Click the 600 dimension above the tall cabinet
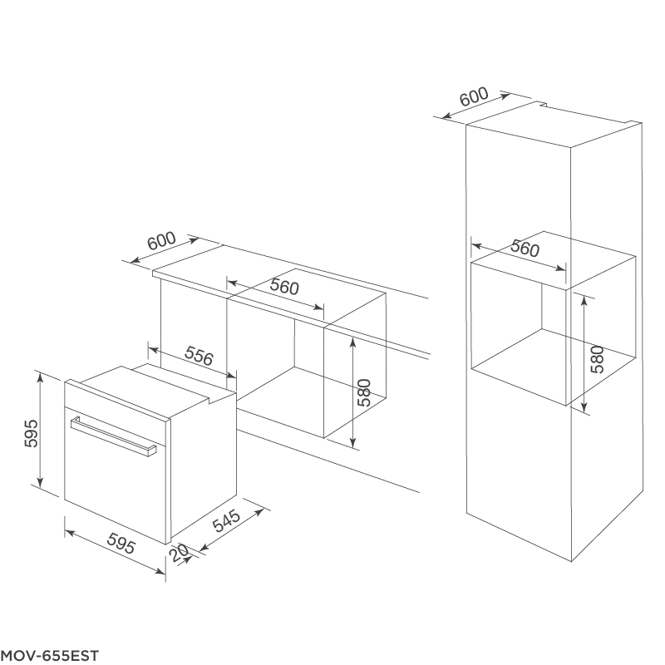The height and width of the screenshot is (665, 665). pos(474,96)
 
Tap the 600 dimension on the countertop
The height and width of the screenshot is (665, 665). pos(161,241)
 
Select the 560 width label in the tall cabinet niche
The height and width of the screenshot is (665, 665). pos(525,248)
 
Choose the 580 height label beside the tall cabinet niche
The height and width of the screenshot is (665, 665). pos(598,357)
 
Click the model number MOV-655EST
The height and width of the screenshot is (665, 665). pos(50,655)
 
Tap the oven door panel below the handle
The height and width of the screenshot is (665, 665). pos(116,486)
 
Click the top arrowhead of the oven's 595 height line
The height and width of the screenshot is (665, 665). pos(40,376)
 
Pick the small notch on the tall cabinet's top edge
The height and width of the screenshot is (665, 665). pos(540,105)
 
